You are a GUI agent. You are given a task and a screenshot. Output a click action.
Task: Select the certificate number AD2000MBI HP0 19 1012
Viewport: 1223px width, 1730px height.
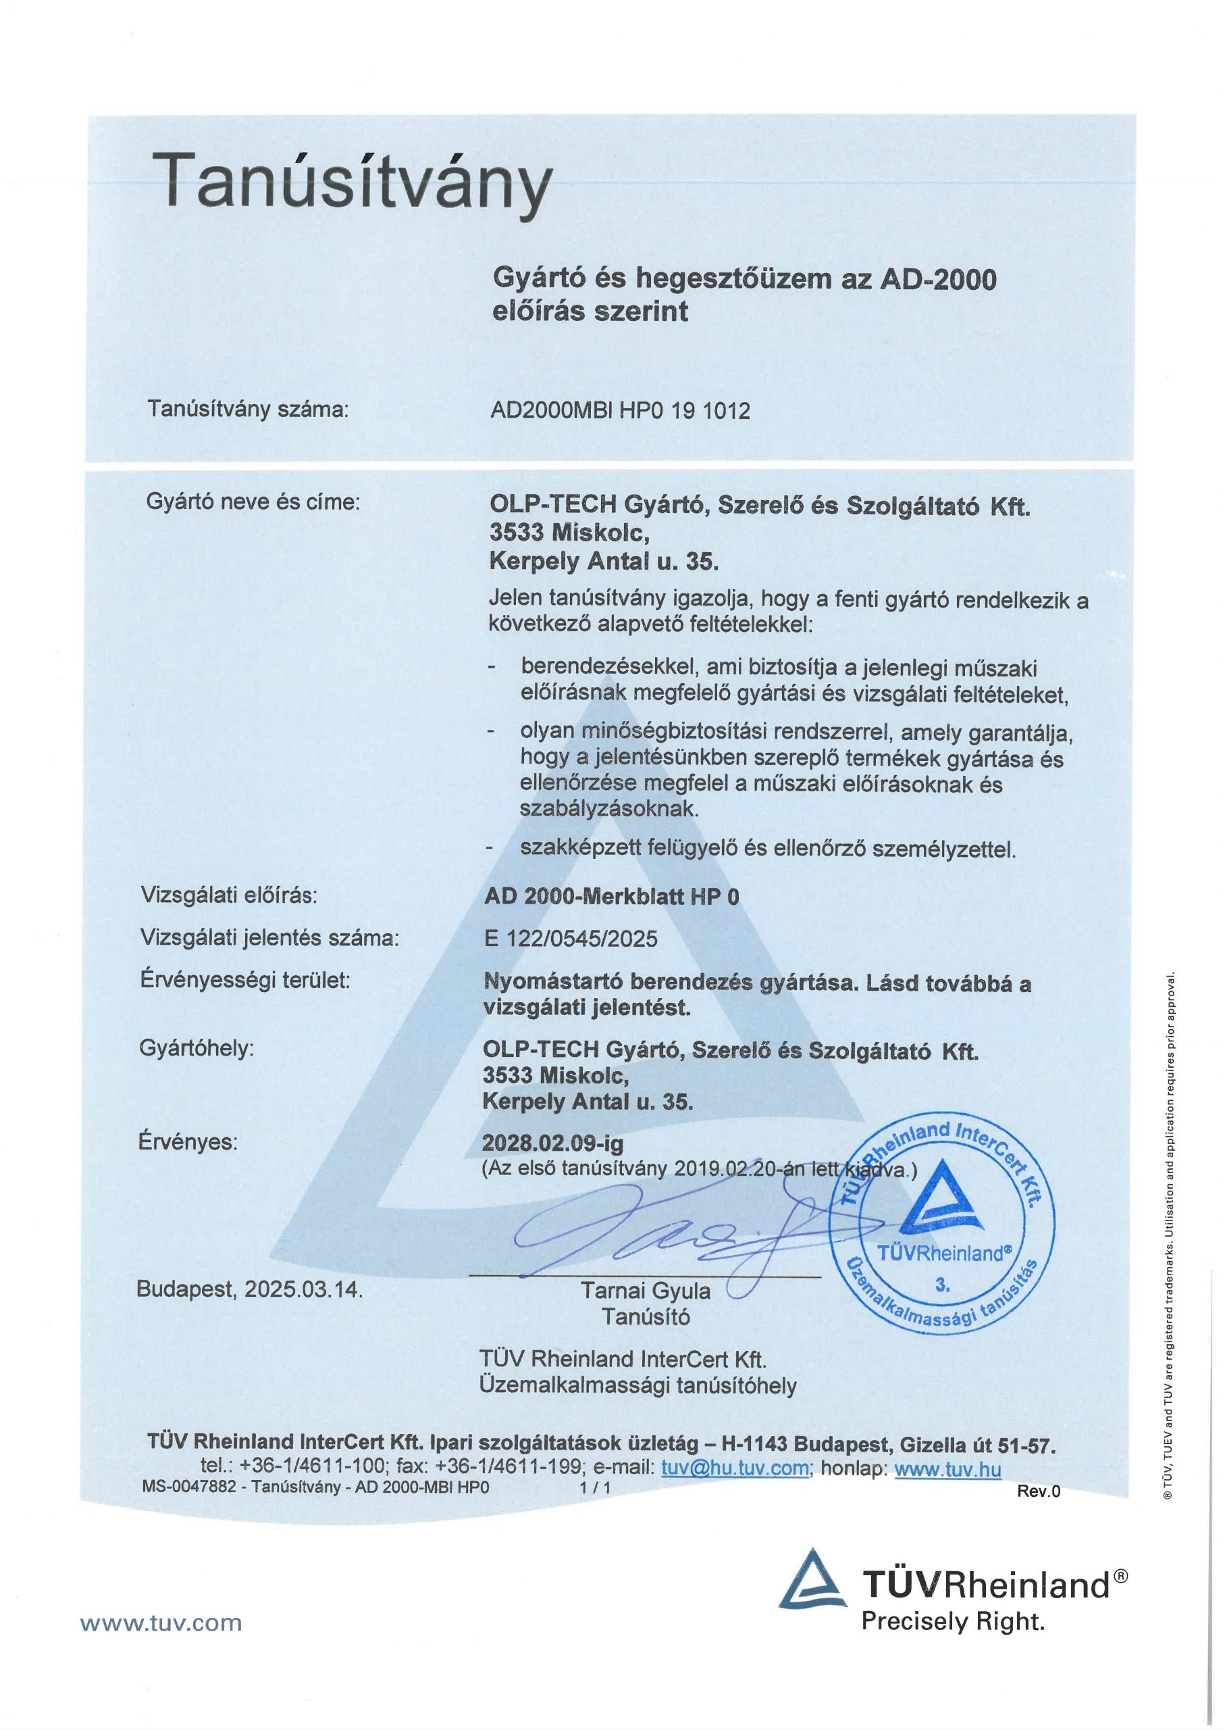tap(620, 411)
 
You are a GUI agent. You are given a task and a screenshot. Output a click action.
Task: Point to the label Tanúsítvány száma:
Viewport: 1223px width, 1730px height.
tap(248, 409)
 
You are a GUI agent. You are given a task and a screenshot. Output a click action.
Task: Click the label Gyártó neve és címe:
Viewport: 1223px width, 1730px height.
tap(253, 502)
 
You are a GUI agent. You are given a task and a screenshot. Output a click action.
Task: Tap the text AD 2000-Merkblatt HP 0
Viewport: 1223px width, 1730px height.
tap(612, 897)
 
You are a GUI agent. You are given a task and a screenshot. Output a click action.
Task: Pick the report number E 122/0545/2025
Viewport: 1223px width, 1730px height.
tap(571, 939)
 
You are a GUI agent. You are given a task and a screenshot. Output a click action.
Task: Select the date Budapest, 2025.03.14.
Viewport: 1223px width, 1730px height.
tap(249, 1289)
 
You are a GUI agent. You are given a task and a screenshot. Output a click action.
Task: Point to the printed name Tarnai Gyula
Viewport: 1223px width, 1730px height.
tap(646, 1291)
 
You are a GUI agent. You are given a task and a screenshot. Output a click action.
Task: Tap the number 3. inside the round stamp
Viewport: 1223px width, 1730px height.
tap(943, 1285)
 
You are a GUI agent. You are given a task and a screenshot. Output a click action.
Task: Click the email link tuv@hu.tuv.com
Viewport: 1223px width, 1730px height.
tap(735, 1468)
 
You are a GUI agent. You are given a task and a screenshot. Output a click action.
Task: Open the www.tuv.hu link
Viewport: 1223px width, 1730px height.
tap(947, 1468)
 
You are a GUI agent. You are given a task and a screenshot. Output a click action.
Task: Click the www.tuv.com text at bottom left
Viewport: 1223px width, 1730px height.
tap(161, 1623)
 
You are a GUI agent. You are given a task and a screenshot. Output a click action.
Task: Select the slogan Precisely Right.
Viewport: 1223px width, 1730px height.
tap(953, 1621)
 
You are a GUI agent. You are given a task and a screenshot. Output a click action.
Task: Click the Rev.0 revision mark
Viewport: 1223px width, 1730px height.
tap(1039, 1490)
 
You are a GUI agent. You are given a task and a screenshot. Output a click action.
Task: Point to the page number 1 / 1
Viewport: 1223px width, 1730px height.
tap(595, 1487)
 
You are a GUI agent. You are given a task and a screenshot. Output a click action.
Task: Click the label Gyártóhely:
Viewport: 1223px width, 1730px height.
tap(197, 1048)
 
